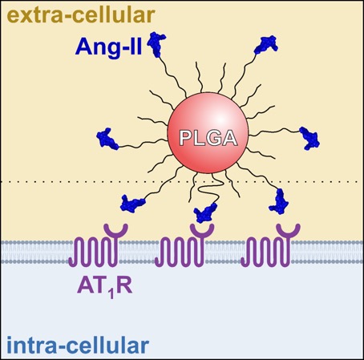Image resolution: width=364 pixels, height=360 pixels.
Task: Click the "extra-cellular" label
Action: (81, 14)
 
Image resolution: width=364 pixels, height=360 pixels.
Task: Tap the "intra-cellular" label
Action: (78, 346)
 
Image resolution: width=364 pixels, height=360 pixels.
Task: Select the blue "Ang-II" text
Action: (108, 47)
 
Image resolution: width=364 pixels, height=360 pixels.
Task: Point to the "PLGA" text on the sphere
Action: (208, 138)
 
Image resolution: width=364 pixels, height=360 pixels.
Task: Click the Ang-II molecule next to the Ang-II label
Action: (156, 44)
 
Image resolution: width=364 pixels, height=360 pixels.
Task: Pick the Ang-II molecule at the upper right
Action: (266, 45)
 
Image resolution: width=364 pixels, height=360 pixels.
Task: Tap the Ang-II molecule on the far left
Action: (107, 139)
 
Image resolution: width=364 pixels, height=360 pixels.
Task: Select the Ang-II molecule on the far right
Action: (309, 138)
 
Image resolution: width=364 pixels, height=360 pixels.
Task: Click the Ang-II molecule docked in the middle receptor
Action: (205, 213)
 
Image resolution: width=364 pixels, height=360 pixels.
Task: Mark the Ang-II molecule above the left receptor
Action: (132, 204)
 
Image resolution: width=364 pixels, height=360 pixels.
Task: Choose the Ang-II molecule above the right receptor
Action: (279, 201)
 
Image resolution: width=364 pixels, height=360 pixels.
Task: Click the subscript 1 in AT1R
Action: (111, 293)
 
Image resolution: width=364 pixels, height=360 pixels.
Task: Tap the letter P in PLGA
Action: (186, 138)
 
